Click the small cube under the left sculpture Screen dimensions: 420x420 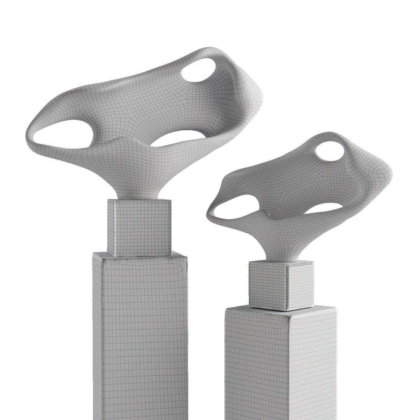coord(139,227)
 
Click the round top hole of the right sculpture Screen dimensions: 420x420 coord(329,151)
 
